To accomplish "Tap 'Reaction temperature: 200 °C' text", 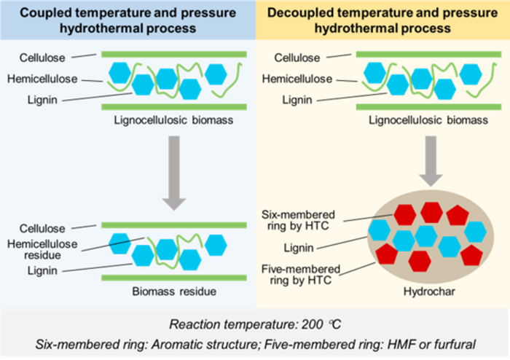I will pos(254,323).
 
